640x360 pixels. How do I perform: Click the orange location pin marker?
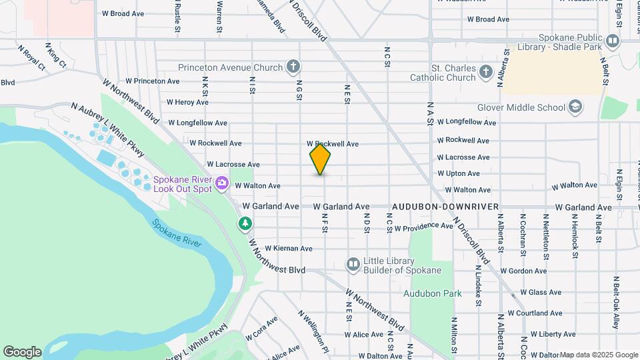(320, 159)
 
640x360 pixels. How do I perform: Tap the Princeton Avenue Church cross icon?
(293, 66)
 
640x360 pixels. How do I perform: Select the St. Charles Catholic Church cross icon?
(487, 72)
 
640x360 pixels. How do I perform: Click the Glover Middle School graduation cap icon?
(575, 107)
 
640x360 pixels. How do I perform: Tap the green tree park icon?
(246, 223)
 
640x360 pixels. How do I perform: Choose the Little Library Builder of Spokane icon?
(353, 265)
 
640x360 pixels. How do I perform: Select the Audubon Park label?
(432, 293)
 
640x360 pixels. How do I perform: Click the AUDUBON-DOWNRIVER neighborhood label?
(445, 207)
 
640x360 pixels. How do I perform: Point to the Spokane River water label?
(177, 233)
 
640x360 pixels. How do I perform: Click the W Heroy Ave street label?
(187, 102)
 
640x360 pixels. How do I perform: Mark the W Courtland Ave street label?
(535, 313)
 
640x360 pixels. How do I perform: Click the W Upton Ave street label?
(458, 173)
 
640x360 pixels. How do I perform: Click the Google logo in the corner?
(22, 351)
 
